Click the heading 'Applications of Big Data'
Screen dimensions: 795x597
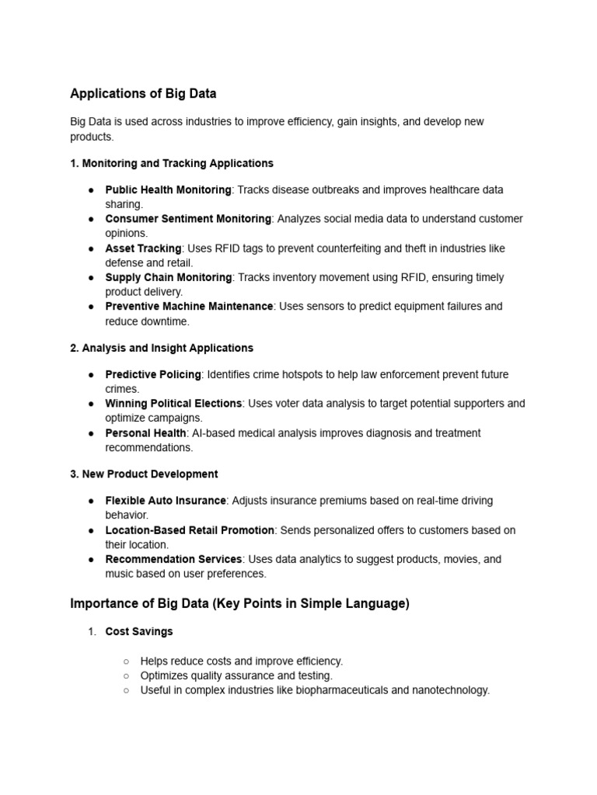(x=143, y=94)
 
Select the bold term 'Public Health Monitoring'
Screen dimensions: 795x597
(x=168, y=189)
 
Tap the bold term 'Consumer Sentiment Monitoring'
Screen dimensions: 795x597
(x=188, y=219)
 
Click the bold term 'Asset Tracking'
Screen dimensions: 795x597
(x=143, y=248)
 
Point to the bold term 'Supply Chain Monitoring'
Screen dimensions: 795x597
(x=169, y=277)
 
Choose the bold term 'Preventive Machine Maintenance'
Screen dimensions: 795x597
(x=189, y=307)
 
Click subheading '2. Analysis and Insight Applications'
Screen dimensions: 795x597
(x=162, y=348)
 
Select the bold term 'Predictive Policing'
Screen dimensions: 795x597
(x=153, y=374)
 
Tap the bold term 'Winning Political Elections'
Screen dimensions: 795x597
(x=174, y=404)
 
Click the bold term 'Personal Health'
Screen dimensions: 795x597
(x=145, y=433)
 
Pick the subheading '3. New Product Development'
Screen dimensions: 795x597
(x=144, y=474)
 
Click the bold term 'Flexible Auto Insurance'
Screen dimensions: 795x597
(x=166, y=501)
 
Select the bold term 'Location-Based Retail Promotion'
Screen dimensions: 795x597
(x=190, y=530)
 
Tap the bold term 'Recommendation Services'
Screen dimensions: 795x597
(x=174, y=559)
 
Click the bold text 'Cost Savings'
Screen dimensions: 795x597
(x=139, y=632)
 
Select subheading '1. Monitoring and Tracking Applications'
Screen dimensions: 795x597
(x=172, y=163)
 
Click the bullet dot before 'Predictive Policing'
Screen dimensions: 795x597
(x=91, y=375)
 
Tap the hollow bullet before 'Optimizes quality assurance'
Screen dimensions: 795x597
(x=126, y=676)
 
